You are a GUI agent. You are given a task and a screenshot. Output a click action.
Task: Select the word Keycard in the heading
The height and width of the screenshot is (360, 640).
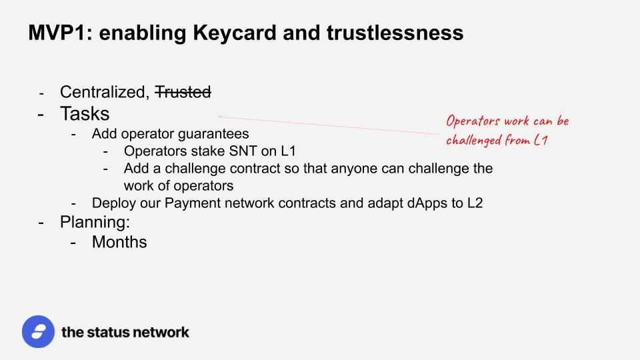coord(235,33)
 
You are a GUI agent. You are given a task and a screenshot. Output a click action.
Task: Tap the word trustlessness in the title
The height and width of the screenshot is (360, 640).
coord(395,33)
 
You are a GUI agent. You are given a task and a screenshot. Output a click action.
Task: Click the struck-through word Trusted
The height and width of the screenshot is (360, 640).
coord(183,92)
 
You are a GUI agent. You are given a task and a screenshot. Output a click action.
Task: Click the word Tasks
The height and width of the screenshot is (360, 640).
coord(85,113)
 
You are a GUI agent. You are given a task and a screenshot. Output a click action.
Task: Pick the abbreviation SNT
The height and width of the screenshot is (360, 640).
coord(243,151)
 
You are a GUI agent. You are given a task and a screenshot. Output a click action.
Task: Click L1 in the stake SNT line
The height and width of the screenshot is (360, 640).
coord(288,151)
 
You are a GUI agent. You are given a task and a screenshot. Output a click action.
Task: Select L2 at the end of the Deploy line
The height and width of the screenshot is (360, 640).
coord(475,203)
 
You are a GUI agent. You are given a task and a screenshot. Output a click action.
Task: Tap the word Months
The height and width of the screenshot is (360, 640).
coord(119,242)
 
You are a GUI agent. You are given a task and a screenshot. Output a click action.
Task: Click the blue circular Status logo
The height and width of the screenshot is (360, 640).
coord(39,331)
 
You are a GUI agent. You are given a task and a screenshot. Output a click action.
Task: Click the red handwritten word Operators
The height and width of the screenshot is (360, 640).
coord(473,121)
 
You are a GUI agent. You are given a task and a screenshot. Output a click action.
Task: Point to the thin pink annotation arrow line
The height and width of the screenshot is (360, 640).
coord(329,125)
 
